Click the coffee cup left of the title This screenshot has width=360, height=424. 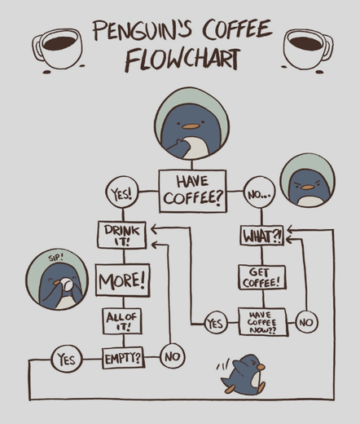[x=57, y=48]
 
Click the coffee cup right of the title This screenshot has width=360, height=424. [x=309, y=48]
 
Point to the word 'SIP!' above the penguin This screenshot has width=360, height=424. [x=55, y=258]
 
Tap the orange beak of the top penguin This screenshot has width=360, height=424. [x=191, y=126]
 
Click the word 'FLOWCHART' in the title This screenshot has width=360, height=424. [x=182, y=60]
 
